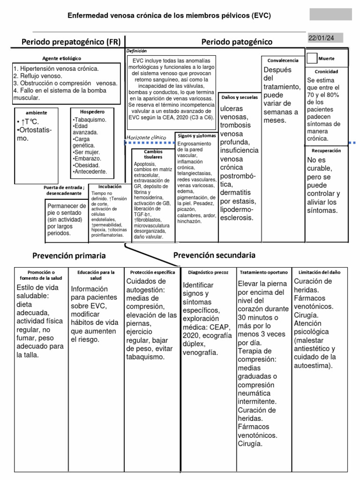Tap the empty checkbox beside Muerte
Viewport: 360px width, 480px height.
tap(312, 59)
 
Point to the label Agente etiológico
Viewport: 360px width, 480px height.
tap(62, 58)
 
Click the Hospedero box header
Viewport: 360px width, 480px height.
tap(93, 112)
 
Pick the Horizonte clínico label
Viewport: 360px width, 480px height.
tap(146, 137)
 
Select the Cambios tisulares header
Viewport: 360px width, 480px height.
tap(153, 154)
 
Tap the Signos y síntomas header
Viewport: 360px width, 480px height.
tap(196, 135)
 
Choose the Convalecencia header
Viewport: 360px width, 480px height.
tap(283, 61)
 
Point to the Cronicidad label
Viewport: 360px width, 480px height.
tap(326, 72)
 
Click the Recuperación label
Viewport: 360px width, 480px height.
tap(326, 150)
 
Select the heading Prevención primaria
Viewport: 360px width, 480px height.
tap(69, 256)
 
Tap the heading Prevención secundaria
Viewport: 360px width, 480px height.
tap(214, 255)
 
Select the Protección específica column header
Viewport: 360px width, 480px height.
tap(153, 272)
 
